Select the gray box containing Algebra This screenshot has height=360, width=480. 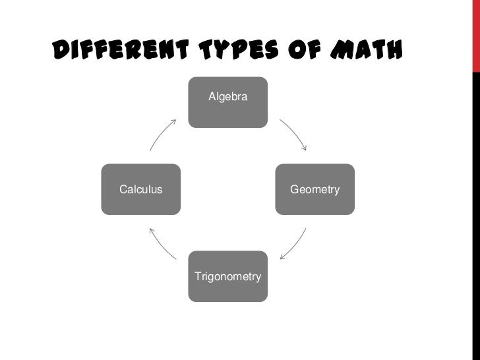click(228, 102)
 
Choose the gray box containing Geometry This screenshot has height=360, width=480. click(315, 190)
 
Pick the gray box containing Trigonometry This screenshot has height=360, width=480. click(228, 276)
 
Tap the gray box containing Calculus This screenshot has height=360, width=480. click(141, 190)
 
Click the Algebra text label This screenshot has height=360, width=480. click(228, 97)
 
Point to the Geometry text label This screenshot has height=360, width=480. click(315, 190)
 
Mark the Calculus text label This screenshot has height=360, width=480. click(140, 190)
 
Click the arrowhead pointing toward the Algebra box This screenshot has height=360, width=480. click(174, 121)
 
